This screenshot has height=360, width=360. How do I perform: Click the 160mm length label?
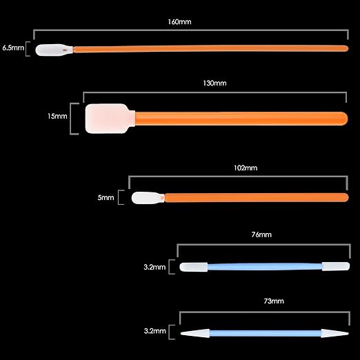tap(179, 22)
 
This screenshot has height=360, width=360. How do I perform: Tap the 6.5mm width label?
tap(13, 48)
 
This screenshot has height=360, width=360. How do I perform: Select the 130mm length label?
tap(214, 83)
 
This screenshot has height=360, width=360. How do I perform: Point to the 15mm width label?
tap(57, 116)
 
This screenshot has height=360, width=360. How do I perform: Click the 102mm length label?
tap(246, 168)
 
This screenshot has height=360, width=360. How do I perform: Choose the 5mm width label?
tap(106, 197)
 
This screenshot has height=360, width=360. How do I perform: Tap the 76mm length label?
tap(261, 234)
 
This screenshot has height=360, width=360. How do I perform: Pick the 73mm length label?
tap(274, 301)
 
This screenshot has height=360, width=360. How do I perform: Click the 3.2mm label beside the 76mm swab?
tap(154, 267)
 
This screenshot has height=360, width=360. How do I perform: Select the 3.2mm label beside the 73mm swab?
tap(154, 331)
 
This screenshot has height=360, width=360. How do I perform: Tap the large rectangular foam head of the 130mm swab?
tap(110, 119)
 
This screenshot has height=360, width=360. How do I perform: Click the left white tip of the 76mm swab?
tap(194, 267)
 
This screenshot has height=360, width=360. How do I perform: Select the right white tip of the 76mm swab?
tap(336, 266)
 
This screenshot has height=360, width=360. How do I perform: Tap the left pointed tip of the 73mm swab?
tap(181, 333)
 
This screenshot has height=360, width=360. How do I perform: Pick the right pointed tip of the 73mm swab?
tap(349, 333)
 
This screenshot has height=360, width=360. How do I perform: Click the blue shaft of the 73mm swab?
tap(266, 333)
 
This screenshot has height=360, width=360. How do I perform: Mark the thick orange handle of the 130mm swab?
tap(241, 119)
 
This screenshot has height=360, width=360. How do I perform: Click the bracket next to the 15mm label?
tap(71, 119)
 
